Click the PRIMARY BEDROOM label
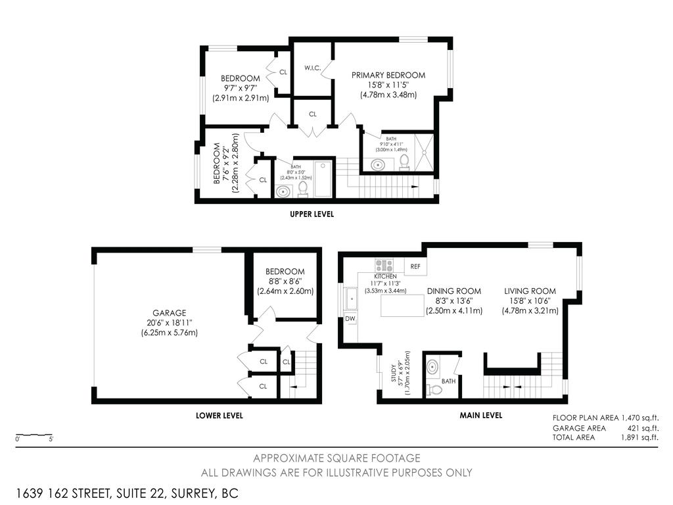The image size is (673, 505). [388, 75]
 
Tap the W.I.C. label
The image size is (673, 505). [312, 68]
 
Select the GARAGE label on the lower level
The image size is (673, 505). [170, 313]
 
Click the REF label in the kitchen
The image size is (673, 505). [415, 266]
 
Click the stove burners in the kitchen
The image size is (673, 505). [384, 266]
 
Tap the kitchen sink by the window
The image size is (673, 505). [351, 299]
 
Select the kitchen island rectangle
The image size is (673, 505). [404, 306]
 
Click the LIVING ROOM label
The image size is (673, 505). [530, 291]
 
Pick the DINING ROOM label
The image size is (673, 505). [453, 291]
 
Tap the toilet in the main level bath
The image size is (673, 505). [434, 390]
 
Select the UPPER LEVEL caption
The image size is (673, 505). [312, 214]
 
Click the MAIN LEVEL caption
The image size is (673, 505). [480, 416]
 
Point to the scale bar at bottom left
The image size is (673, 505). [34, 435]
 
